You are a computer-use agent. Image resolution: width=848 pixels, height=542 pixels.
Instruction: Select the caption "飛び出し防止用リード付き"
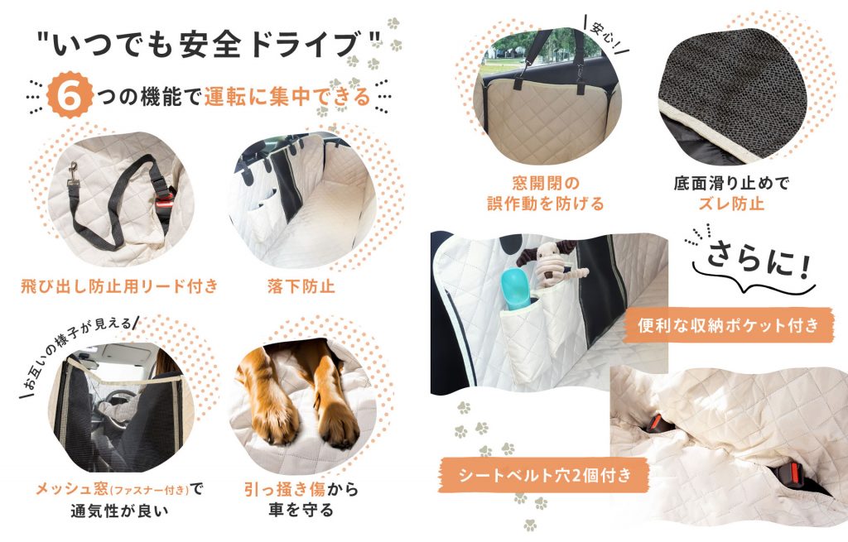[x=119, y=286]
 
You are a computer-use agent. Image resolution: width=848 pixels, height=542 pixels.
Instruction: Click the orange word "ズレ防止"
[x=730, y=204]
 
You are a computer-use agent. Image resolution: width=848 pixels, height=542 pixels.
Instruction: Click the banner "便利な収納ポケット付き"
[x=728, y=324]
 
